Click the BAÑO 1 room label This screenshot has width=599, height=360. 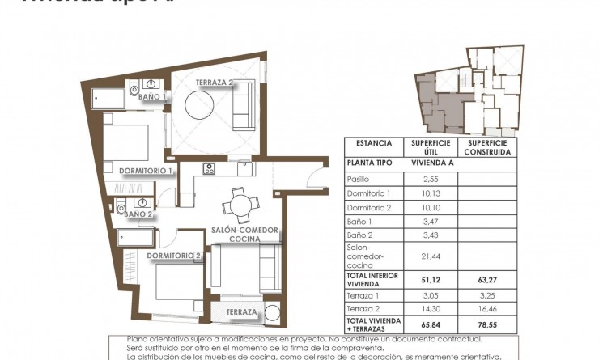coord(151,97)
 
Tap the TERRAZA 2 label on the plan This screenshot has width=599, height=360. coord(215,83)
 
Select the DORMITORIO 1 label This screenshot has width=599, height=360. coord(146,172)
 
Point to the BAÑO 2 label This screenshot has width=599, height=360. coord(138,214)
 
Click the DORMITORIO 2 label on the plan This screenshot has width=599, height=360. coord(173,256)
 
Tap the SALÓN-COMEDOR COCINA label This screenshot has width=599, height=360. coord(244,235)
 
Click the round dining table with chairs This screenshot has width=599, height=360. coord(240,205)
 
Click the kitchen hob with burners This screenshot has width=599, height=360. coord(209,169)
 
